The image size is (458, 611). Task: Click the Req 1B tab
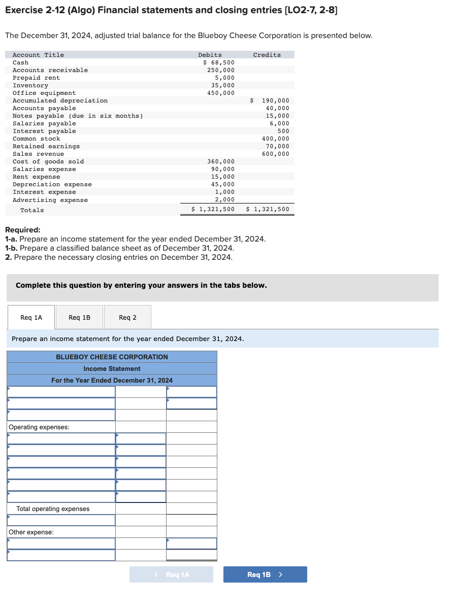79,318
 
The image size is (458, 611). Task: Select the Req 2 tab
127,318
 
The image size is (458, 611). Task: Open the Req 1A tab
31,318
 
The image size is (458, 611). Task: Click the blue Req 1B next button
265,574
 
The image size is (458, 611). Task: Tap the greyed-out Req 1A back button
172,574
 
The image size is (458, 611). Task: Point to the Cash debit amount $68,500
219,62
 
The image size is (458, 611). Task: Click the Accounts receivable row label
50,70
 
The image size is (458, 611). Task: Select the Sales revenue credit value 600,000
275,154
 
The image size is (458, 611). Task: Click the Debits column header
210,55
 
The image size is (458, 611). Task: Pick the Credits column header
267,55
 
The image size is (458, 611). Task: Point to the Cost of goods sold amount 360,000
221,161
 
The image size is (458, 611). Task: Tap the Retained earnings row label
46,146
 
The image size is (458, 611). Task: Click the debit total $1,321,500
213,209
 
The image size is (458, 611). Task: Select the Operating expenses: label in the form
39,427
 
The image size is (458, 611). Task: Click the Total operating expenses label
53,509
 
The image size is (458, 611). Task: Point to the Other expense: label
31,532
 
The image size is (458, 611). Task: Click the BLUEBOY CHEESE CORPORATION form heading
112,357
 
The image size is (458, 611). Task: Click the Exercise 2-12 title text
171,10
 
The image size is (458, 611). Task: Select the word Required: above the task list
22,230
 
